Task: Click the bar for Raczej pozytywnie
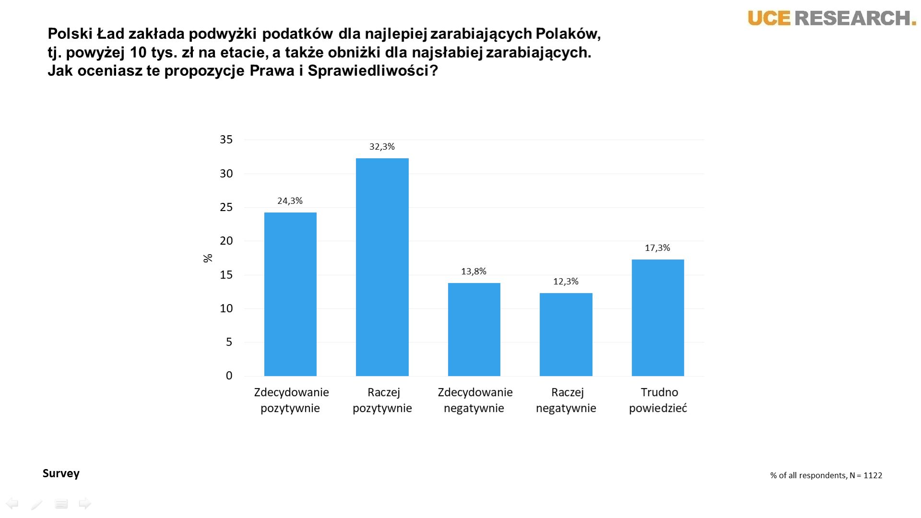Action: [x=382, y=267]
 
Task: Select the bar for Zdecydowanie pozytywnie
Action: [x=290, y=294]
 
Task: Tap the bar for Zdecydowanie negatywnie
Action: [x=474, y=330]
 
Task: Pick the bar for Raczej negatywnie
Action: [x=566, y=334]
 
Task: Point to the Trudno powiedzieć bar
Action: [x=658, y=318]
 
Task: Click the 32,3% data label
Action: [x=382, y=147]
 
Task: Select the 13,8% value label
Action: [x=473, y=271]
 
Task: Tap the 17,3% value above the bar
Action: [x=657, y=248]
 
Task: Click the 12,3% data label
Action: [x=566, y=282]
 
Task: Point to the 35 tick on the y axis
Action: [x=226, y=140]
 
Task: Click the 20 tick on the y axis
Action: [x=226, y=241]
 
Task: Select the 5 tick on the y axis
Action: [x=229, y=342]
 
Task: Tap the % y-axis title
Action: [x=208, y=258]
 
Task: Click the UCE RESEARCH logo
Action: [x=831, y=18]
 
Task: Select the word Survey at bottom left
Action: [x=61, y=473]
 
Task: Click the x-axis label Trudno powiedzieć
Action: [x=658, y=400]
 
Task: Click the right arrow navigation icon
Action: [x=85, y=504]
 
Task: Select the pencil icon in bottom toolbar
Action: [x=37, y=504]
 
